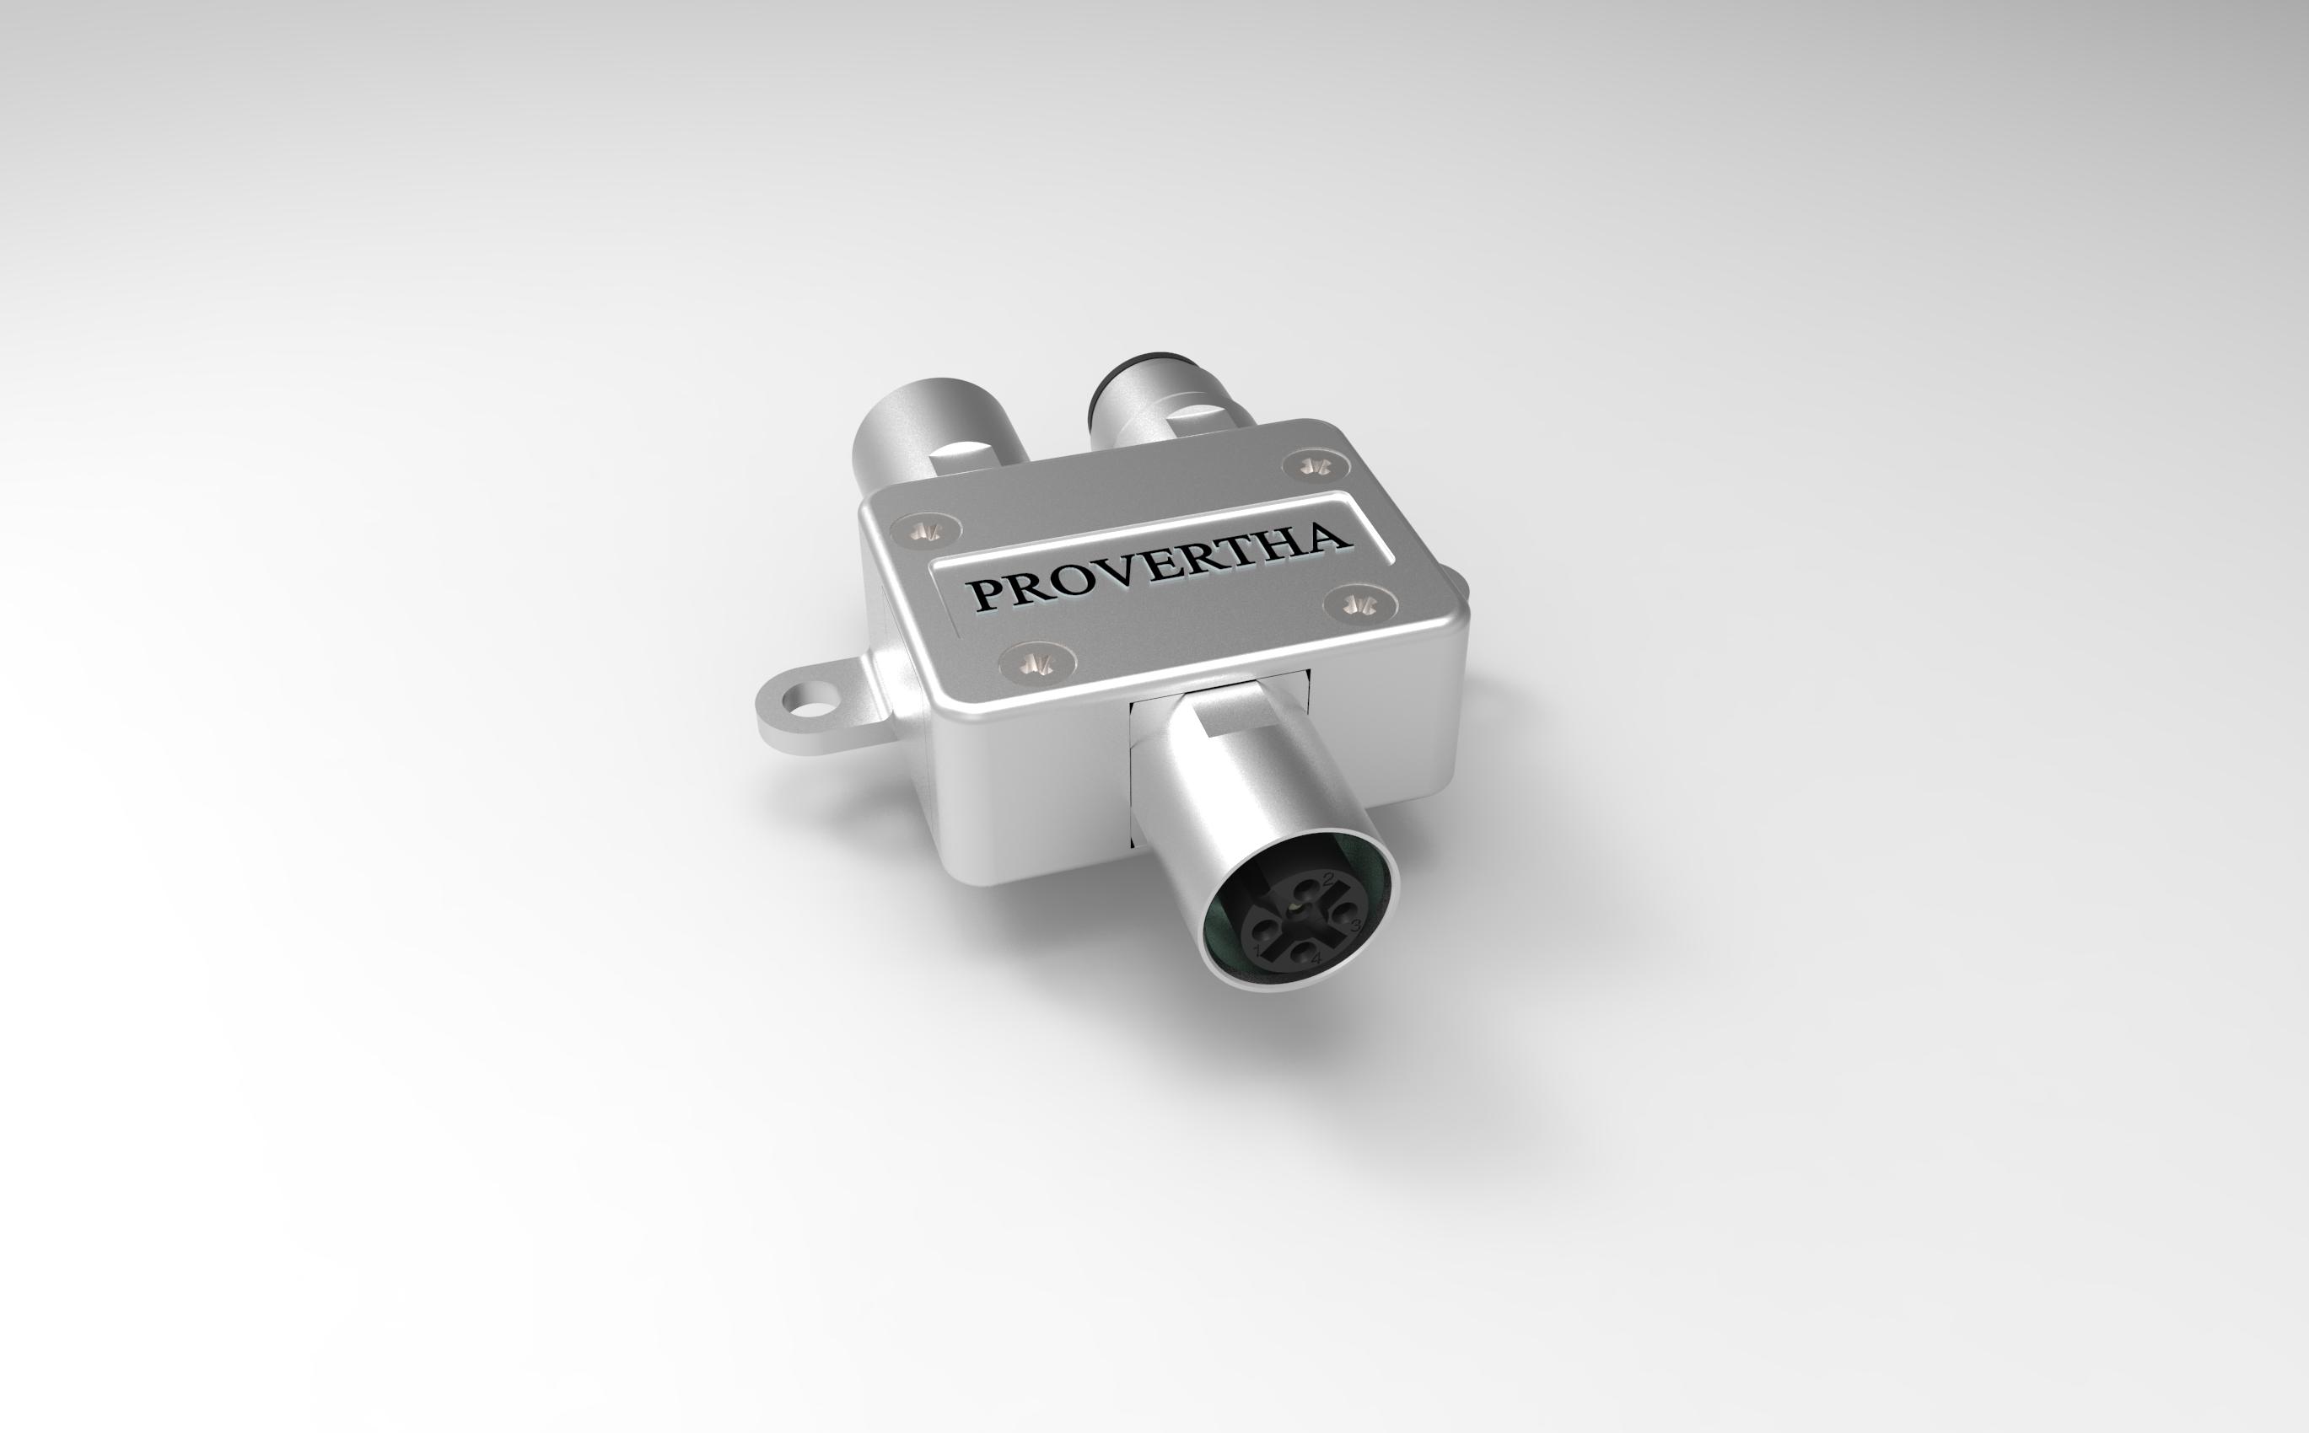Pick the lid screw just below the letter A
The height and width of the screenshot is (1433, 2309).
(x=1361, y=601)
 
